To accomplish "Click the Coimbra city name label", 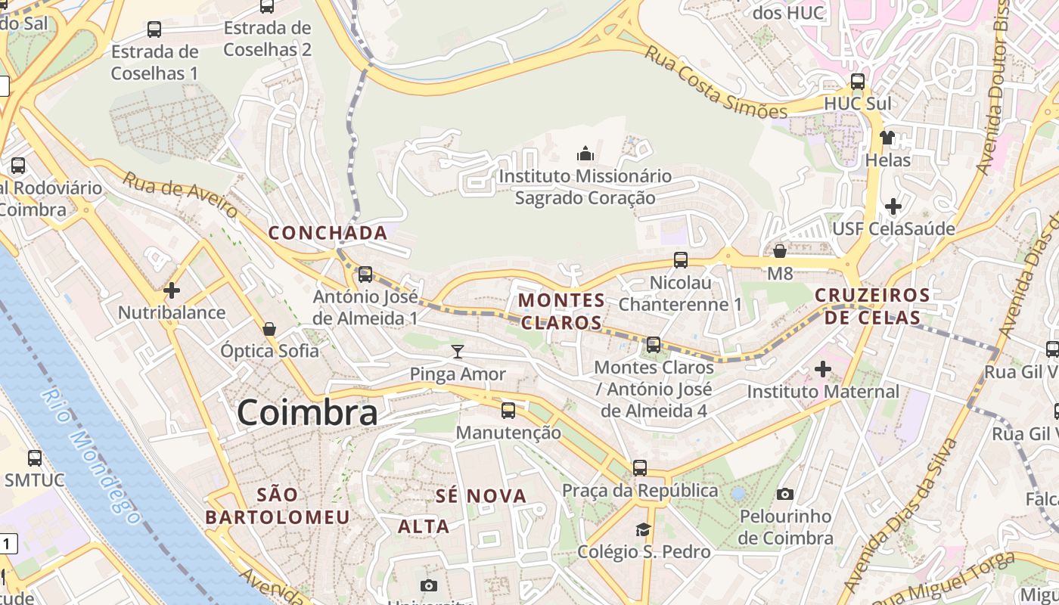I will click(307, 413).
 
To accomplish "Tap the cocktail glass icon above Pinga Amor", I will click(458, 351).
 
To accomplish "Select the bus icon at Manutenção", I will click(508, 411).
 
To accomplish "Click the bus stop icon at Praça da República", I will click(640, 468).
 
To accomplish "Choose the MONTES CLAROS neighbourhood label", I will click(561, 312).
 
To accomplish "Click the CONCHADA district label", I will click(328, 233).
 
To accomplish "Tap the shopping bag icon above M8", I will click(780, 251).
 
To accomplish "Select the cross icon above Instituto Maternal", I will click(823, 369).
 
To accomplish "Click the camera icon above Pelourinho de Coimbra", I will click(785, 495).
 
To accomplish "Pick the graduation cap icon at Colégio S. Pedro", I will click(644, 529).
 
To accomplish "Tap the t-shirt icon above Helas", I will click(887, 138).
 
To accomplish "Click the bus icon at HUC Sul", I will click(857, 82).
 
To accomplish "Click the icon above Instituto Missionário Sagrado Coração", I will click(585, 154).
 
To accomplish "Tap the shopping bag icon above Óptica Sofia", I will click(269, 329).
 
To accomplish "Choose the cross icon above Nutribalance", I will click(172, 290).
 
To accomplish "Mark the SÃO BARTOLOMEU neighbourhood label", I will click(278, 506).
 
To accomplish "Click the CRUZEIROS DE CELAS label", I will click(872, 306).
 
